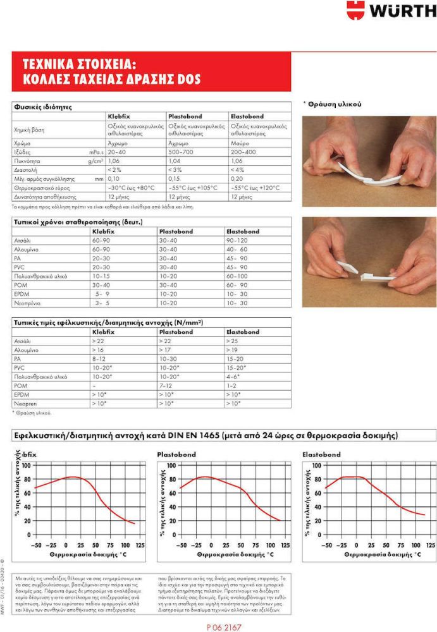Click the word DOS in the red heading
188,79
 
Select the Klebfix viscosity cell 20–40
116,152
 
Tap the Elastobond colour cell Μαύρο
240,143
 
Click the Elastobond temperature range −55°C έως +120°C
256,188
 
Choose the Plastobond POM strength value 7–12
166,386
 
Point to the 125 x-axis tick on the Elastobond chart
432,545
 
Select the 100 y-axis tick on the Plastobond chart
171,465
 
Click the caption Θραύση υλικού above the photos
333,104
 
